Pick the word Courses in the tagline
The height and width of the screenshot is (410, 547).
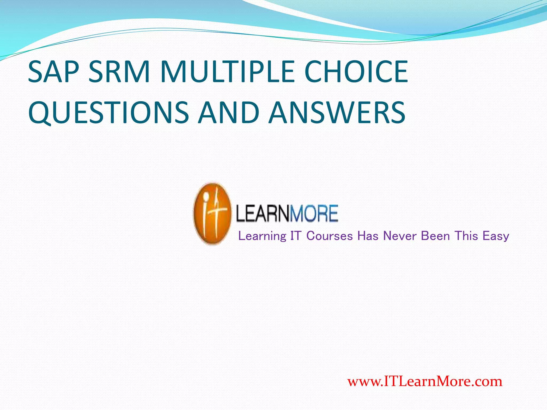tap(330, 236)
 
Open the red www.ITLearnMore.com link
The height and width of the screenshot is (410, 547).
tap(425, 381)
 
